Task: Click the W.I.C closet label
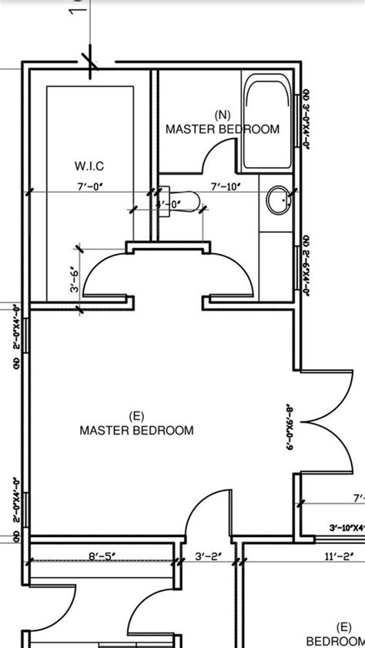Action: tap(90, 166)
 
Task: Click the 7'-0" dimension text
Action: tap(90, 186)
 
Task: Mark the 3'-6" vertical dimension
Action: tap(75, 278)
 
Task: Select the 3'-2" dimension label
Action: tap(208, 554)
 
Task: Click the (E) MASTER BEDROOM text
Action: tap(137, 423)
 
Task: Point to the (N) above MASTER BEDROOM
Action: tap(223, 115)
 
